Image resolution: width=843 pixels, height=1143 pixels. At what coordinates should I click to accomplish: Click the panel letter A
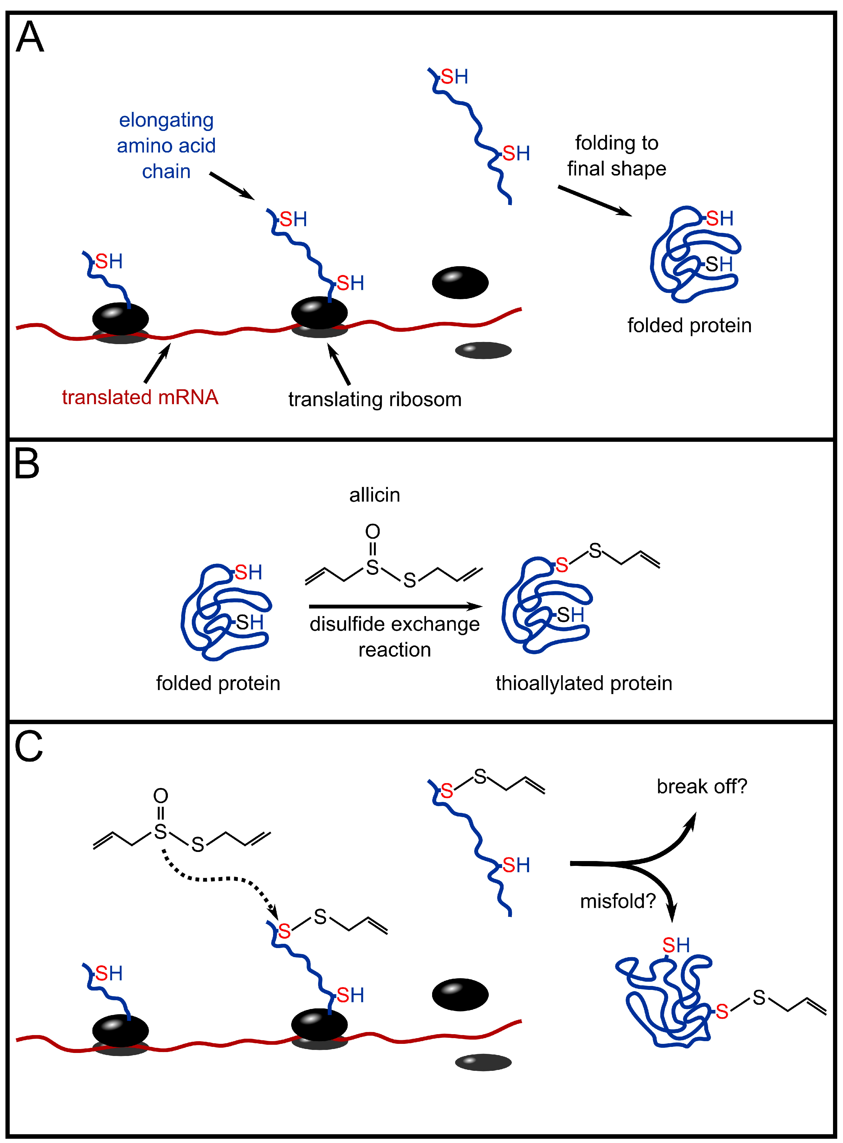[30, 37]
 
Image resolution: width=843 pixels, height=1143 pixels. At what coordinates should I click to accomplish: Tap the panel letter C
[28, 746]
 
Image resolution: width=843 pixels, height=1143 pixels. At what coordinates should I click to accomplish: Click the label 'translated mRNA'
[140, 397]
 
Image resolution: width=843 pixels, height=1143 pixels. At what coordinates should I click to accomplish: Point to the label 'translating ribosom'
[375, 399]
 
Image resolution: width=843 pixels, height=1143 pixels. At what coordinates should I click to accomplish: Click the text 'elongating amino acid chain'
[166, 146]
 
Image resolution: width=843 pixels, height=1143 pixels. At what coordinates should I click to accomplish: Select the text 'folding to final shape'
[616, 156]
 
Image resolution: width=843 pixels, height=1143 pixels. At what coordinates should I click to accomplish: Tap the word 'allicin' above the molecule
[375, 495]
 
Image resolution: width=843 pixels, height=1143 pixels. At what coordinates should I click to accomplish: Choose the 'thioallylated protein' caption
[584, 683]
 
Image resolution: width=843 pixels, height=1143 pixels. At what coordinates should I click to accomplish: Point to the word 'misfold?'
[618, 901]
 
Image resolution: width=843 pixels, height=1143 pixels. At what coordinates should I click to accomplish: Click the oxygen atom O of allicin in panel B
[372, 531]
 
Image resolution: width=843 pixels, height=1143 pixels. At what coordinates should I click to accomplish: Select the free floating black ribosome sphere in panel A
[460, 282]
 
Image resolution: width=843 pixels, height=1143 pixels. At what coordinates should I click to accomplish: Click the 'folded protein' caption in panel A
[689, 325]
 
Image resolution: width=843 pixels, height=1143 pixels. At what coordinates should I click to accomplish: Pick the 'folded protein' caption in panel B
[218, 683]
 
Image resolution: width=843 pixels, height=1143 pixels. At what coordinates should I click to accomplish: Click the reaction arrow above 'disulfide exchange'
[395, 606]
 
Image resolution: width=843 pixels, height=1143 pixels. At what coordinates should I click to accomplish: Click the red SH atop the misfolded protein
[676, 945]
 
